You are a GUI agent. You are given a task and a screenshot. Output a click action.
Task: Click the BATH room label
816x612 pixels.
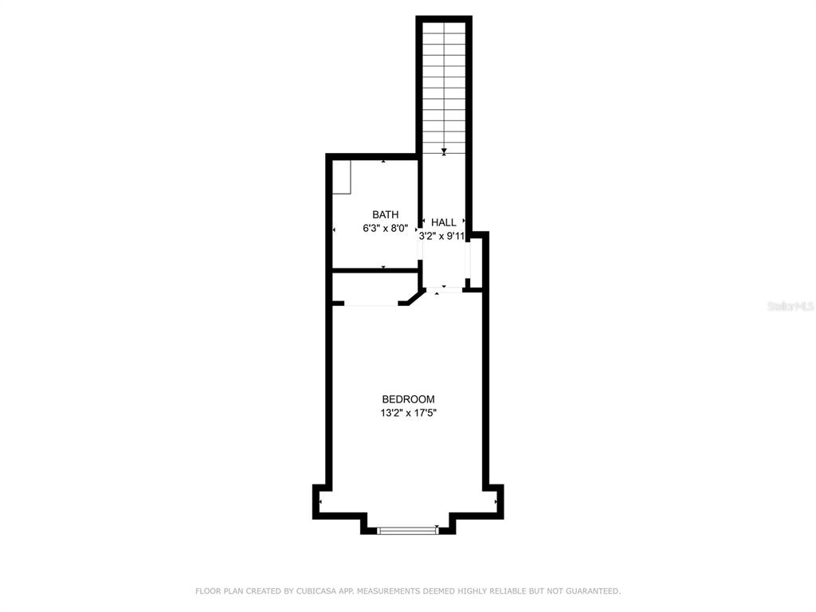(x=386, y=214)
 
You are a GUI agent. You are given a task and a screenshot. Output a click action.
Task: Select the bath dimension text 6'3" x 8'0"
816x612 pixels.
(x=386, y=228)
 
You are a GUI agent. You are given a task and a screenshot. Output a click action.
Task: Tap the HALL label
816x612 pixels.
(x=444, y=223)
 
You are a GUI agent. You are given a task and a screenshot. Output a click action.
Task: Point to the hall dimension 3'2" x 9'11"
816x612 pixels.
(x=442, y=236)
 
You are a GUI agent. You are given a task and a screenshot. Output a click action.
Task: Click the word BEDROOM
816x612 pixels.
(x=408, y=399)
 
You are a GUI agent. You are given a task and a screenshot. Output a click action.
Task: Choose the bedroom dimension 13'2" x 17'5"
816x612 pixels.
(x=408, y=413)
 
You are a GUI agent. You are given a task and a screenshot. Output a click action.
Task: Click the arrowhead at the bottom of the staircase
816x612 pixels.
(x=444, y=151)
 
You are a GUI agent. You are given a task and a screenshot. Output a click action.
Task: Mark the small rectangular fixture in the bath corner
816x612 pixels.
(x=343, y=176)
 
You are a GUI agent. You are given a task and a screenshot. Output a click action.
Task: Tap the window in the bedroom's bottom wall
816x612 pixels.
(x=408, y=530)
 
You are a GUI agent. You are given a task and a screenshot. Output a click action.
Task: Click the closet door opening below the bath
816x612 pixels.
(x=371, y=304)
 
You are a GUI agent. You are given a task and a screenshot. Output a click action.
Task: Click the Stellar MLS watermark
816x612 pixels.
(x=790, y=306)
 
